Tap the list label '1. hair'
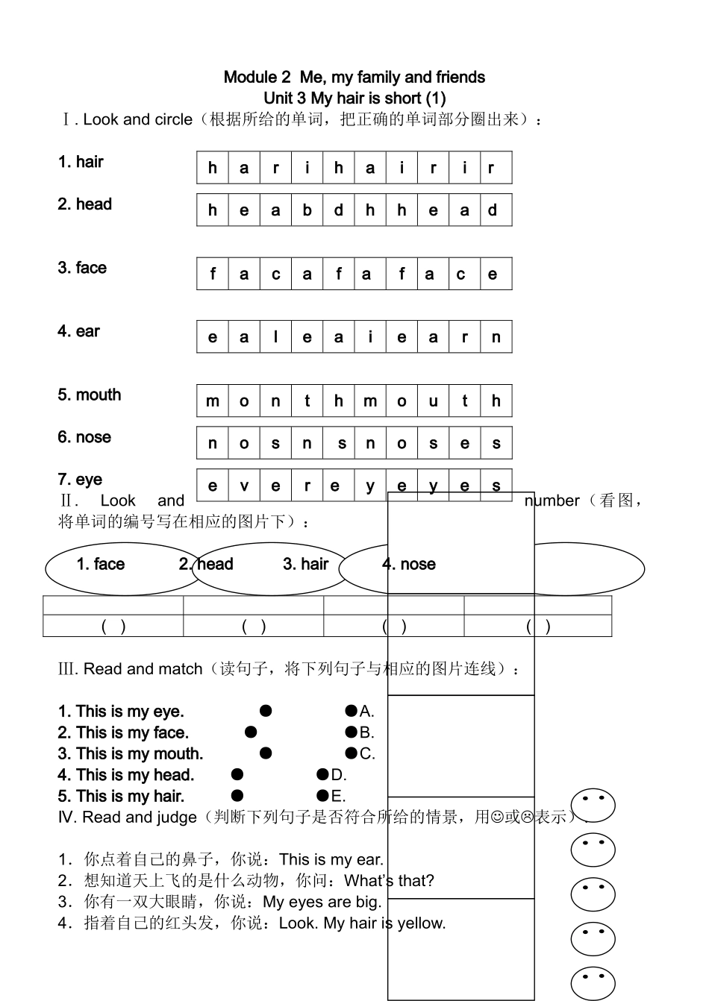tap(81, 162)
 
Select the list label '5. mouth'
tap(89, 395)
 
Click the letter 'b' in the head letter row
tap(307, 210)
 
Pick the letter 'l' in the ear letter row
tap(275, 337)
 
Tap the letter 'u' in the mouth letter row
tap(433, 401)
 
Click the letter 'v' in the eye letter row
tap(244, 486)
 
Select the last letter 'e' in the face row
tap(493, 274)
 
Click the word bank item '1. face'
tap(100, 564)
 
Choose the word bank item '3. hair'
tap(305, 564)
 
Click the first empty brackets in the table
tap(113, 627)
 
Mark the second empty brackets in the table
tap(254, 627)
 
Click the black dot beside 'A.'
tap(351, 711)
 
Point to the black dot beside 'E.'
tap(322, 795)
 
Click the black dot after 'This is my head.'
tap(237, 774)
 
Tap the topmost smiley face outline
tap(593, 806)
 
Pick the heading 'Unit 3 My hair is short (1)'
tap(354, 98)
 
